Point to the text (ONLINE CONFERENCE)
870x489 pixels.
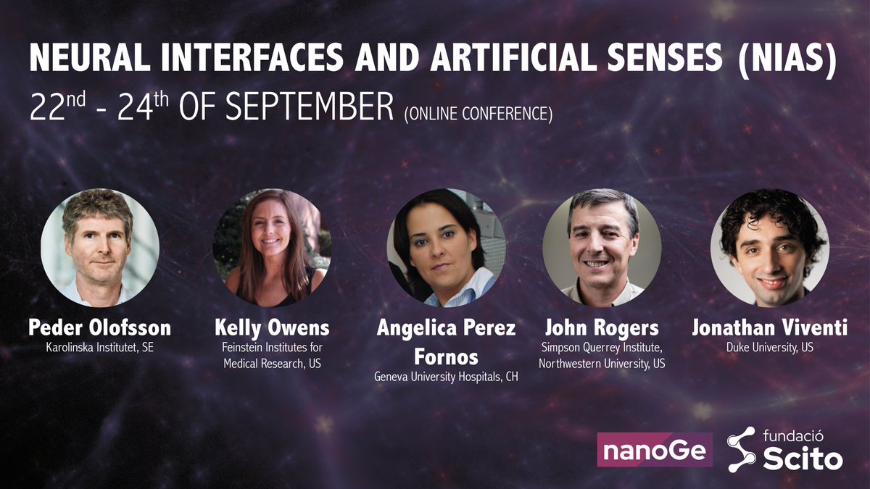pyautogui.click(x=477, y=114)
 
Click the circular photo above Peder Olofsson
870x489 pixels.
pyautogui.click(x=99, y=247)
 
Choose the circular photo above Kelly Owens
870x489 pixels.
pyautogui.click(x=272, y=247)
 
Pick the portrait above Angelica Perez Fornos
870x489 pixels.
pyautogui.click(x=446, y=247)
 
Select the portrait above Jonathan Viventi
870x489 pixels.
pyautogui.click(x=769, y=247)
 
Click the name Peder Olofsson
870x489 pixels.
pyautogui.click(x=99, y=328)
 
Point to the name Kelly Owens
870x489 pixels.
pyautogui.click(x=272, y=328)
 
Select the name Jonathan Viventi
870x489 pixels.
pyautogui.click(x=769, y=328)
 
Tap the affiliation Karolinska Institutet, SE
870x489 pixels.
pyautogui.click(x=99, y=348)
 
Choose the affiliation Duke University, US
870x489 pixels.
pyautogui.click(x=769, y=348)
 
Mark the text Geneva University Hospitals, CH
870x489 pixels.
pyautogui.click(x=446, y=376)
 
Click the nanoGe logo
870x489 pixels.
pyautogui.click(x=655, y=450)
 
